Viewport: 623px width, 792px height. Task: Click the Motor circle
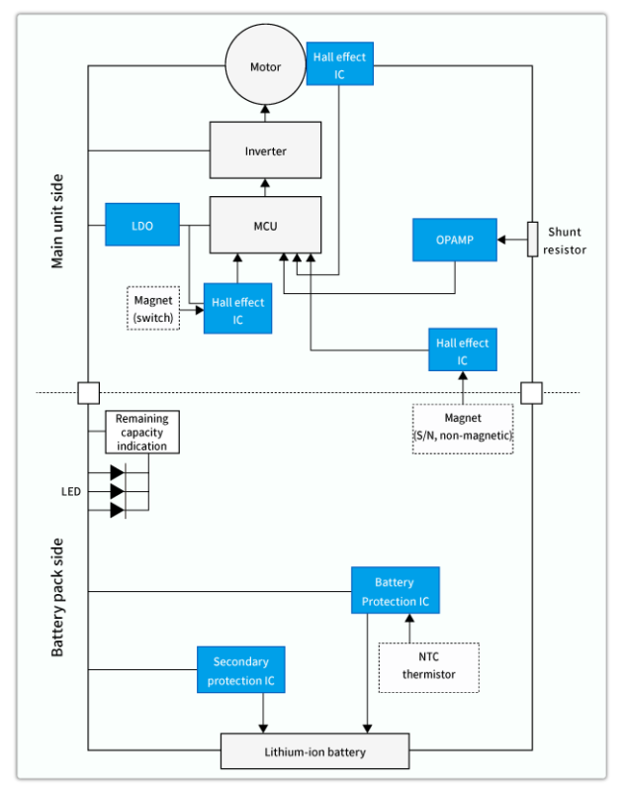coord(265,67)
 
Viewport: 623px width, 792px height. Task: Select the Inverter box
coord(265,151)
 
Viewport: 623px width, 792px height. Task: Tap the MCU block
coord(265,226)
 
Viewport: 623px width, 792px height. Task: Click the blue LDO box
coord(142,226)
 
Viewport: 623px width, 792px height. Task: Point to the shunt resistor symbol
coord(532,239)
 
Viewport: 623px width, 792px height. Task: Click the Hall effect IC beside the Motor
coord(339,64)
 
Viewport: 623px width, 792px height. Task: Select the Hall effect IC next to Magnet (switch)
coord(237,309)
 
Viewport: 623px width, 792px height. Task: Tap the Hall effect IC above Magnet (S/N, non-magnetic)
coord(462,350)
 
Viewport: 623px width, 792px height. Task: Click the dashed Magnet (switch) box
coord(153,308)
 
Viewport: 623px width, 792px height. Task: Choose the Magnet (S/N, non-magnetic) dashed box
coord(462,428)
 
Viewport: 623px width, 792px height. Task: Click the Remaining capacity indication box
coord(142,433)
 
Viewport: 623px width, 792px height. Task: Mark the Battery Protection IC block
coord(395,591)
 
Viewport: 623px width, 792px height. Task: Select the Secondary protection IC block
coord(240,671)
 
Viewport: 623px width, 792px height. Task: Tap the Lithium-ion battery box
coord(314,751)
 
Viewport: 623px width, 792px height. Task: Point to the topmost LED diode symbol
coord(117,473)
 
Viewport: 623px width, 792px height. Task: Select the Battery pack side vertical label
coord(57,598)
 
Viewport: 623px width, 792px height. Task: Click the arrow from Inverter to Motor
coord(265,112)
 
